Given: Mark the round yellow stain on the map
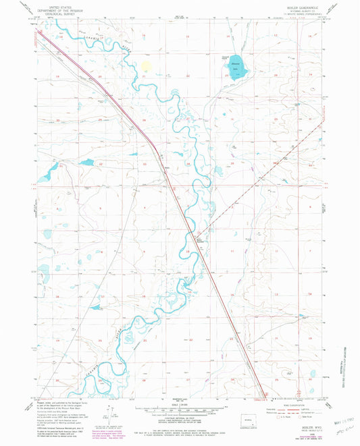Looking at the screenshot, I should [145, 66].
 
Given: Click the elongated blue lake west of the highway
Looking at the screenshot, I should [86, 162].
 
